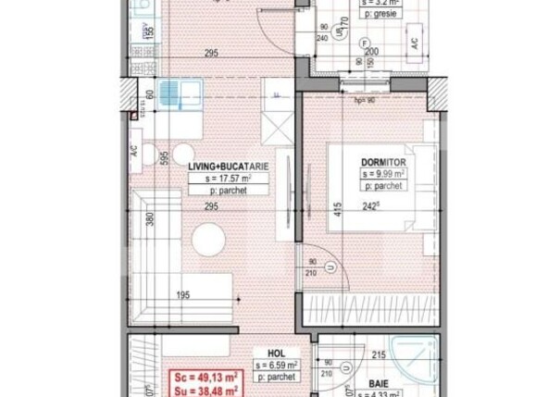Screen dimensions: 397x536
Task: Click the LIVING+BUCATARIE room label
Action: [x=229, y=166]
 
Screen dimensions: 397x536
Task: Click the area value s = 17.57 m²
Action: [x=229, y=178]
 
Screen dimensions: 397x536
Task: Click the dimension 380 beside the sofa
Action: [x=151, y=221]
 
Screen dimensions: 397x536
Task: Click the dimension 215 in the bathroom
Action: [x=379, y=353]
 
